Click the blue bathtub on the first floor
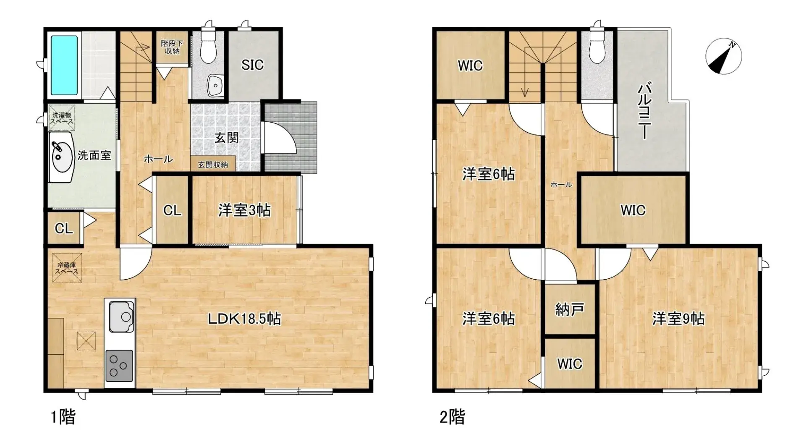point(64,65)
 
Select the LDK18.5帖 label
point(244,319)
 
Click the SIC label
point(252,65)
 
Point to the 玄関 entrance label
point(227,138)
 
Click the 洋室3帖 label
point(244,210)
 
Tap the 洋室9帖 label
point(678,319)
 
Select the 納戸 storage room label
point(569,310)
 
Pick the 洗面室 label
point(94,155)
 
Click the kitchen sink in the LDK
point(122,316)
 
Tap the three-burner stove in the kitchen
point(119,366)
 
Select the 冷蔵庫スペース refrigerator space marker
point(67,268)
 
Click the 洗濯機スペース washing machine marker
point(62,118)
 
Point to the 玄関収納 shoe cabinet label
point(213,165)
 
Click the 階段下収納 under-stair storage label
point(172,47)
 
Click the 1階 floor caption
point(63,417)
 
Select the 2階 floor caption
point(452,417)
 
